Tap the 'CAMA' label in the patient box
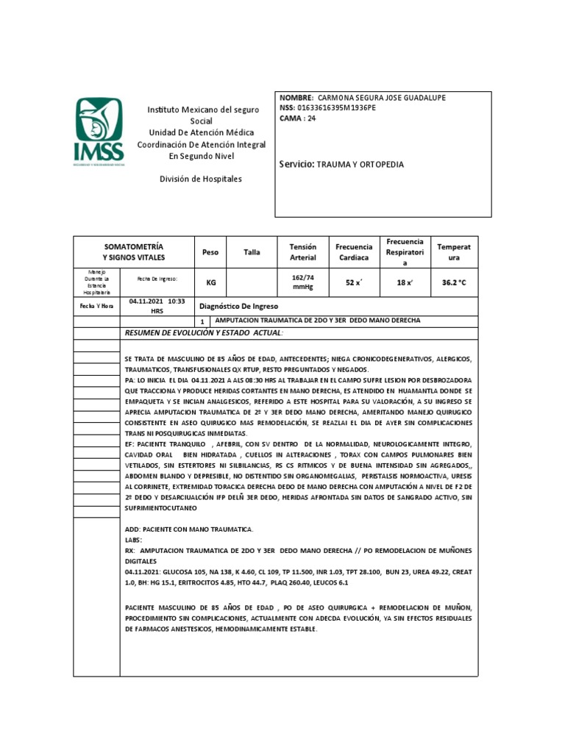291,118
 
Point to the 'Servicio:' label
297,164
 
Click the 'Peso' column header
210,252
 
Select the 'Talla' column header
252,252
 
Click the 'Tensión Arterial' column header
302,252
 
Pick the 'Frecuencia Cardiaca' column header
354,252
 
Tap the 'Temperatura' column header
453,252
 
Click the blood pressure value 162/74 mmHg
302,282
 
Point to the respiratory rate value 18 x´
405,282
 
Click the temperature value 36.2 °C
453,282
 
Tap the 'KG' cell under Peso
210,282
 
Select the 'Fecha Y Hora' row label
96,306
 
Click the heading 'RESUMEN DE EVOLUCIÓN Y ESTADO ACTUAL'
205,333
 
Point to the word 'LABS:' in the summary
135,539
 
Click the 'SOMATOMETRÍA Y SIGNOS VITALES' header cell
133,252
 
